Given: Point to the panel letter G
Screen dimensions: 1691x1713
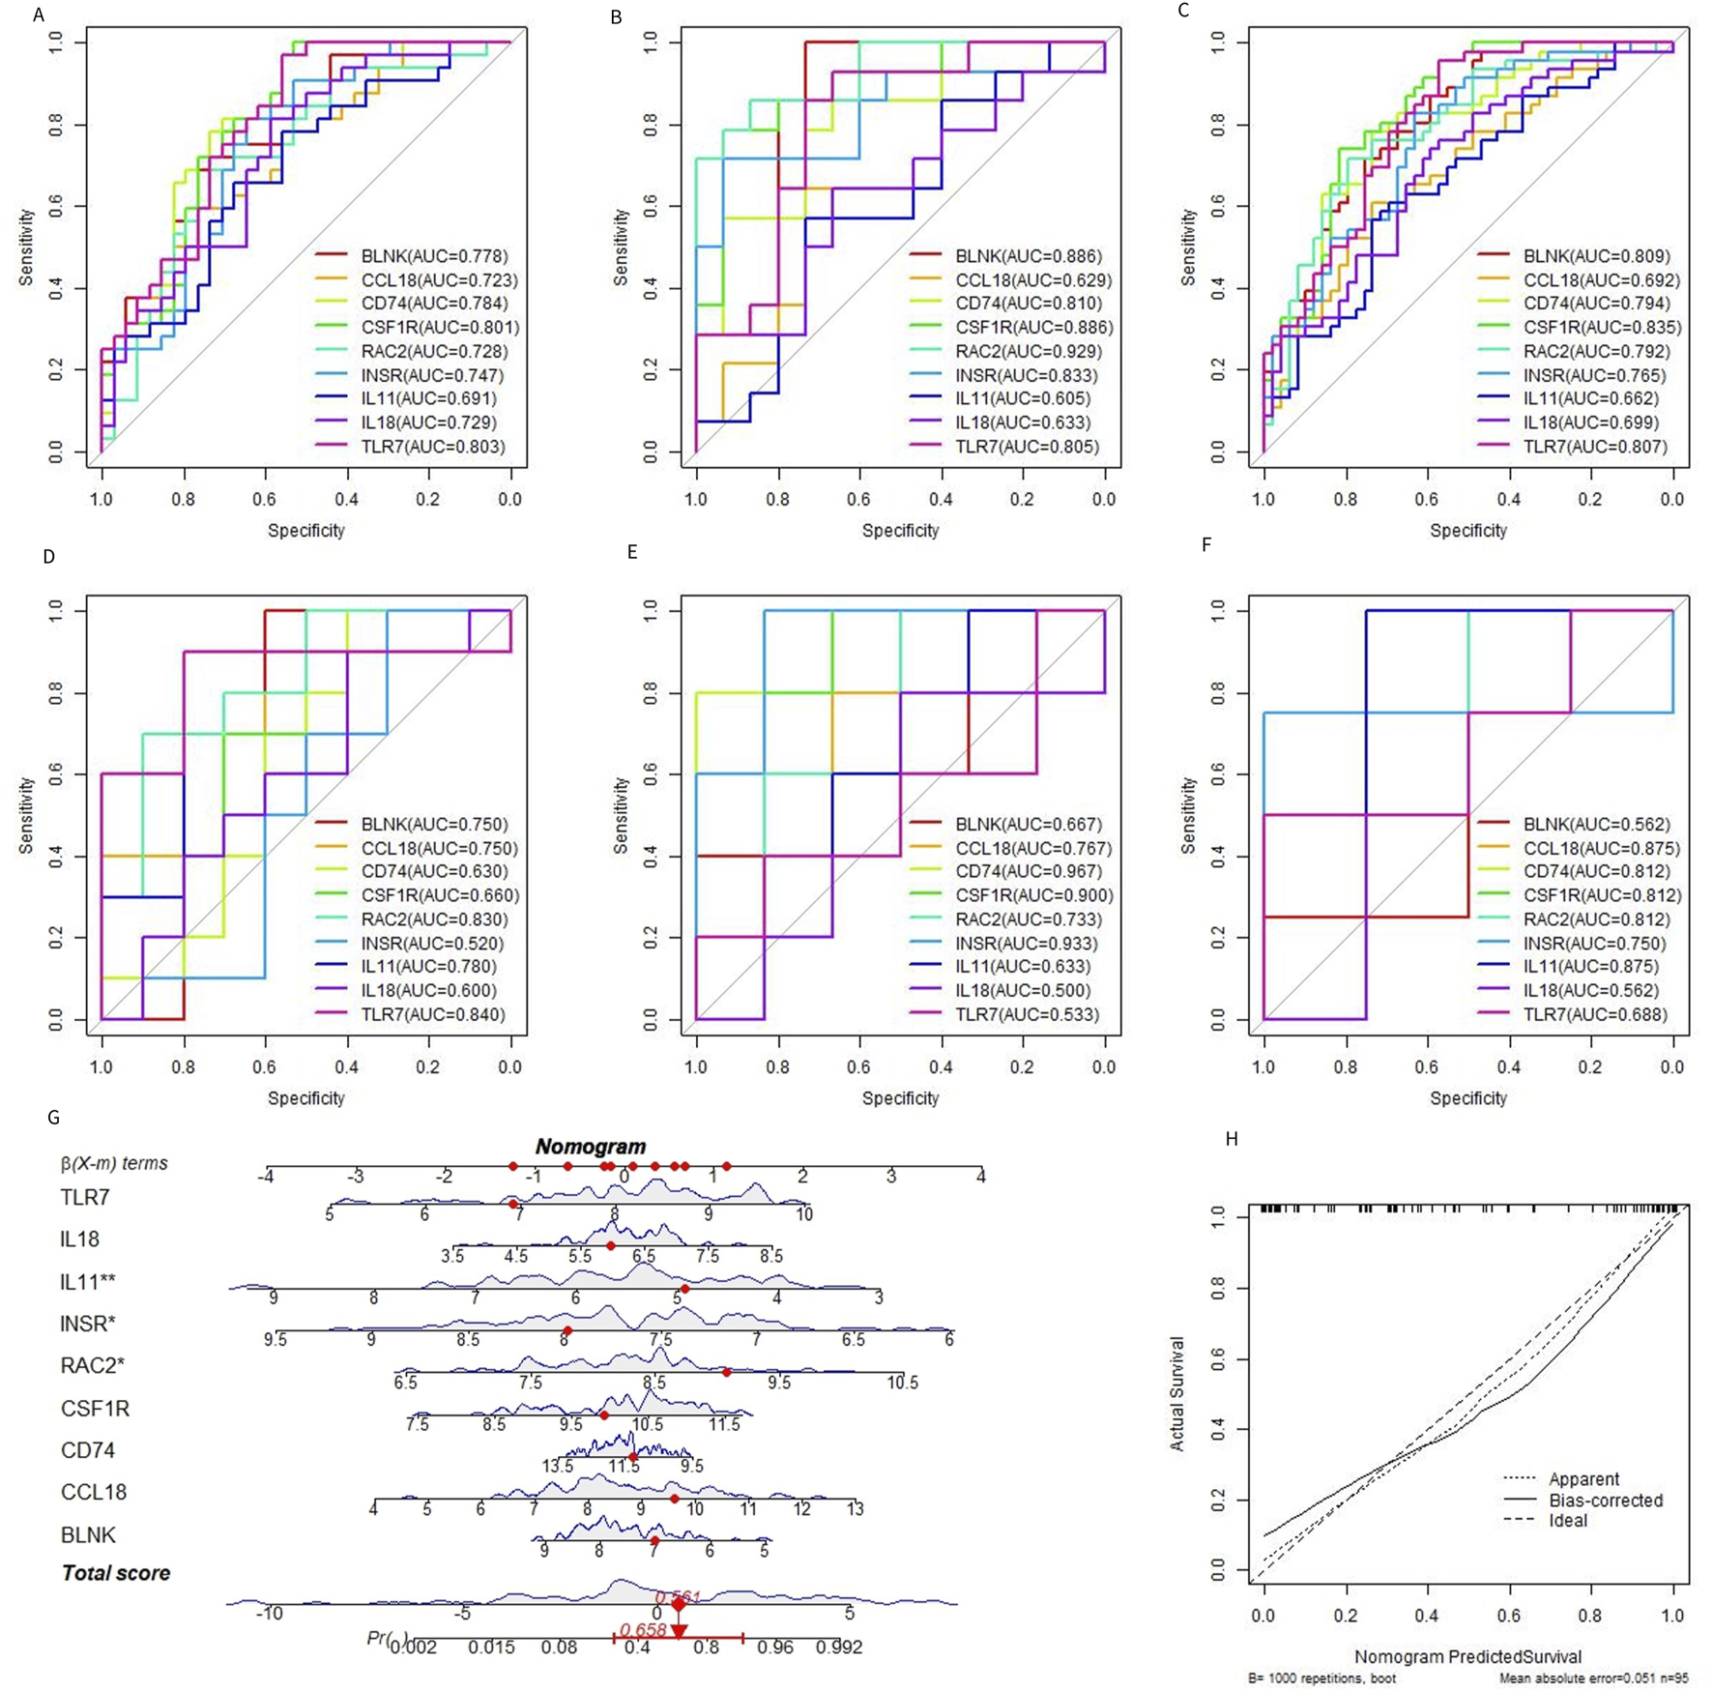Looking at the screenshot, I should [53, 1118].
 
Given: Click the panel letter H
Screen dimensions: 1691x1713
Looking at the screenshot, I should [1232, 1139].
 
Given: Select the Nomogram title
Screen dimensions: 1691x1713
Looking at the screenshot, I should [591, 1147].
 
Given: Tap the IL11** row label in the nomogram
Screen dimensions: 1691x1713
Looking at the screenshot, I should [88, 1282].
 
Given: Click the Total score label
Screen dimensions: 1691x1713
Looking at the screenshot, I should [116, 1573].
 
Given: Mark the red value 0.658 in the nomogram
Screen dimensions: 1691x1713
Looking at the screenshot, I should [643, 1630].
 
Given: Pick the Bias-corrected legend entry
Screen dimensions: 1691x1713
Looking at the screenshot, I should [1606, 1501].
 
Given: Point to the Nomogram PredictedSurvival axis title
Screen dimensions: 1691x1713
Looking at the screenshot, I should [1467, 1656].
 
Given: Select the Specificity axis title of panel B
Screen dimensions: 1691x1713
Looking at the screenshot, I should [900, 531].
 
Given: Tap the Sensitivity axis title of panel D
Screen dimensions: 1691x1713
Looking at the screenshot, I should [26, 814].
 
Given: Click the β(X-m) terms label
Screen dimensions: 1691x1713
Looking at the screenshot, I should [114, 1163].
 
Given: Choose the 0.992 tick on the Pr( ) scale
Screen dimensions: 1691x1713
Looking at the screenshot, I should [838, 1647].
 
